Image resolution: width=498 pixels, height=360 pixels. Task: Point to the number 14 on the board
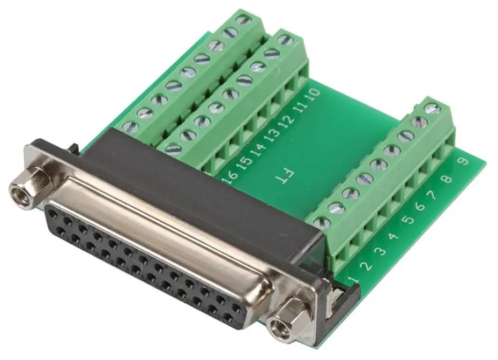[x=259, y=153]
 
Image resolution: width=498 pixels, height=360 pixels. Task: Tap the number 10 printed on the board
[x=314, y=97]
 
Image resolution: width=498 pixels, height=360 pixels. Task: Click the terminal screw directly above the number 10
[x=286, y=39]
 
